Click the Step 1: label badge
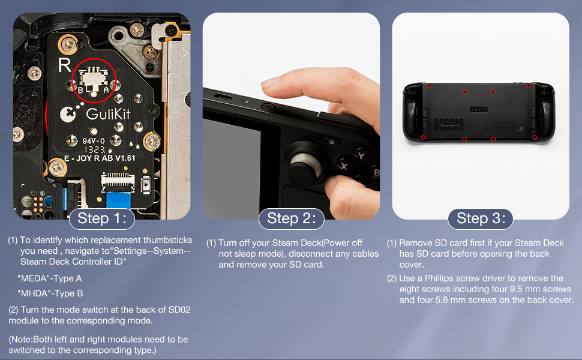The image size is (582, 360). [x=101, y=218]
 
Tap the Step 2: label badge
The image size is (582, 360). [x=291, y=218]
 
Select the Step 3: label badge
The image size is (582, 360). [x=481, y=218]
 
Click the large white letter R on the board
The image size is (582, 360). [x=64, y=65]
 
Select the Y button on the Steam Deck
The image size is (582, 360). [x=361, y=155]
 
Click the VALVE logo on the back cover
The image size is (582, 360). [x=479, y=110]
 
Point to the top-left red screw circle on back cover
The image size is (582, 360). [x=429, y=85]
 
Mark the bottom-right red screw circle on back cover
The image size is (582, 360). [x=535, y=137]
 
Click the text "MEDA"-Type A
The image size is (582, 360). [x=49, y=278]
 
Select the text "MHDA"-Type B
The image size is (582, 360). [x=50, y=293]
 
